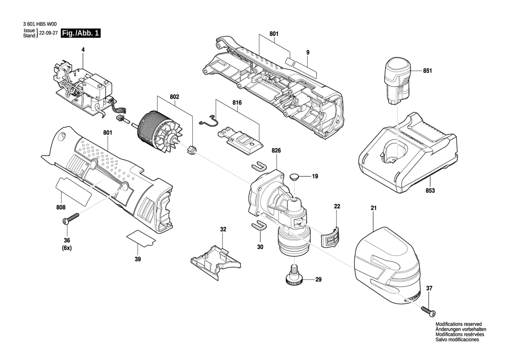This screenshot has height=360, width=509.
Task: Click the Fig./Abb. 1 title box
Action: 81,34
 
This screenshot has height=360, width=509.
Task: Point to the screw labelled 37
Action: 428,310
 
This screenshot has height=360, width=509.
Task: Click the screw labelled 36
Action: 72,218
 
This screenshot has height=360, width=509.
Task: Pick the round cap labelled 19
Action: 294,177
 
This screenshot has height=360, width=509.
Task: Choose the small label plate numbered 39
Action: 141,238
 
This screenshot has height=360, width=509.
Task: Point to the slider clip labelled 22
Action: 330,237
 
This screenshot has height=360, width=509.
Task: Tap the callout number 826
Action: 276,151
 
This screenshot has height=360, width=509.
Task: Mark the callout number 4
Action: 83,50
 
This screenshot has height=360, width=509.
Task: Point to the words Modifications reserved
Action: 458,324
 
